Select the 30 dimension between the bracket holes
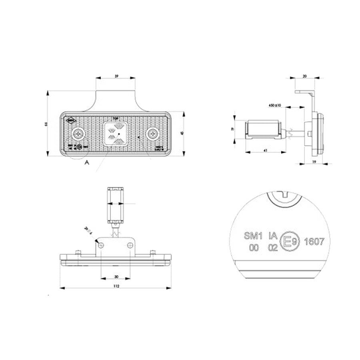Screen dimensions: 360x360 (116, 277)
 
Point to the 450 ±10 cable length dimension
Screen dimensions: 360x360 (275, 105)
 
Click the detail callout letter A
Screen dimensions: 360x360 (86, 162)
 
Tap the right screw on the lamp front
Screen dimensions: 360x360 (152, 134)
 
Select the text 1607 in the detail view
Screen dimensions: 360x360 (314, 242)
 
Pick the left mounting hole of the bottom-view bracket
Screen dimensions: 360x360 (102, 245)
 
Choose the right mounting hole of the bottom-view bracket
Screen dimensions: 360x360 (130, 245)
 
